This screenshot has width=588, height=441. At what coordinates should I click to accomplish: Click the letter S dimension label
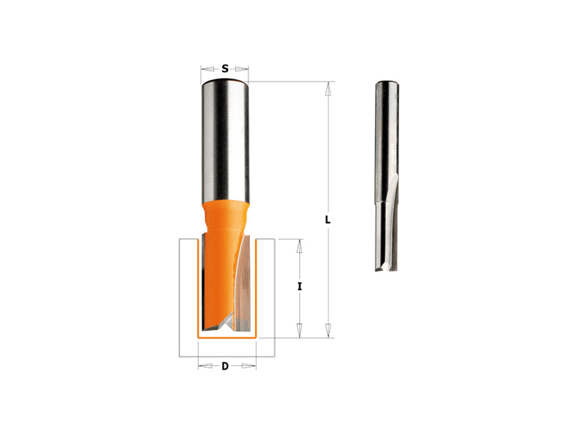(225, 68)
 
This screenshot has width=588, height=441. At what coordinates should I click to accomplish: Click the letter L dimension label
(328, 220)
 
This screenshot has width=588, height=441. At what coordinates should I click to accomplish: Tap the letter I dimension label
(299, 287)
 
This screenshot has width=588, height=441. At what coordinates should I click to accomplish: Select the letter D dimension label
(225, 366)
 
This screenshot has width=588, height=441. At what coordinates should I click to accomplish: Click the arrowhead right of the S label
(242, 68)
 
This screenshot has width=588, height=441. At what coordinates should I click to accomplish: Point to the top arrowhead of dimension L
(328, 88)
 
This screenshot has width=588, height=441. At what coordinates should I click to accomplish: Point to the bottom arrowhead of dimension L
(328, 330)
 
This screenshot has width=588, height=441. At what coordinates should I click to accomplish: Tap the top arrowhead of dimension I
(299, 246)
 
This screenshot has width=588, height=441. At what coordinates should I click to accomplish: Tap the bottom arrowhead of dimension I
(299, 330)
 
